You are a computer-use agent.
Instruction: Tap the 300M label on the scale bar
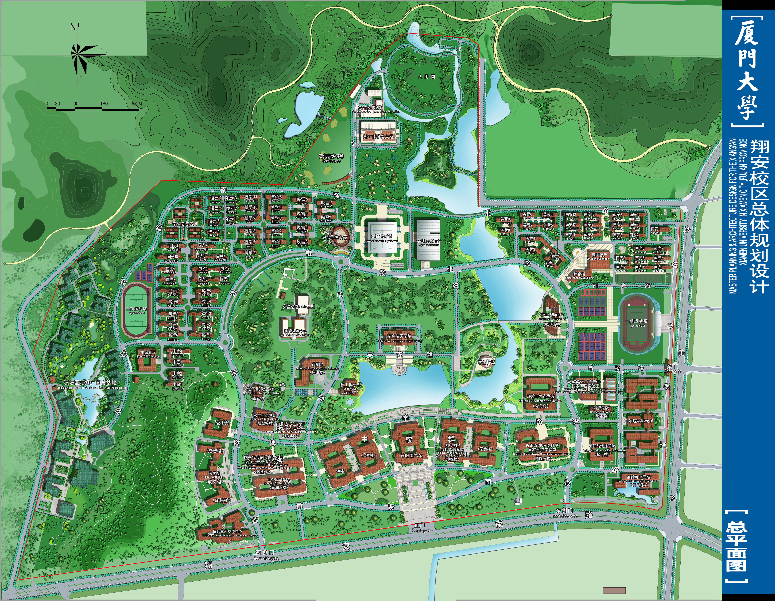136,104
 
